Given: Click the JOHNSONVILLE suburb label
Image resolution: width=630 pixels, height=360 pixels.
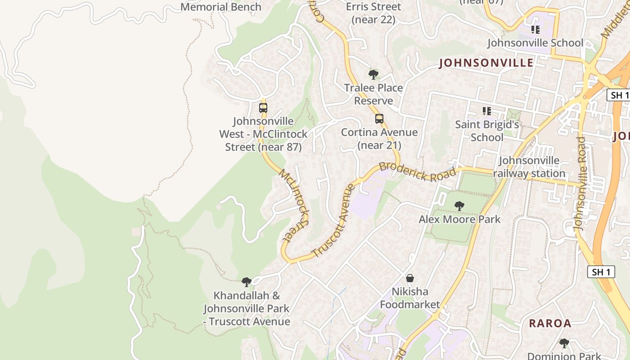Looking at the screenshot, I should tap(486, 63).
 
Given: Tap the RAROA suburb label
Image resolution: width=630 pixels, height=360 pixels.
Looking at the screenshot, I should tap(550, 323).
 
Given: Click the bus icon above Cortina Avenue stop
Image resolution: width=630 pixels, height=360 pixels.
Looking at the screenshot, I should tap(379, 119).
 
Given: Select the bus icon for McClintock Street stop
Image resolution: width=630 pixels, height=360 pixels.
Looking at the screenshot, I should tap(263, 108).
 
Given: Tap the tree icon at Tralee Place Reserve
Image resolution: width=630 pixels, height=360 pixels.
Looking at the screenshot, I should tap(373, 74).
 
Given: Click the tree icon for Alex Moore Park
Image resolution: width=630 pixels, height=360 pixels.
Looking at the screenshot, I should tap(459, 206).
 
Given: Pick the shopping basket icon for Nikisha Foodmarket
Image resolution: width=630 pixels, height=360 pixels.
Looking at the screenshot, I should tap(410, 278).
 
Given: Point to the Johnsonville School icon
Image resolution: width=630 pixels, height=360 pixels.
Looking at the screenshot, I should tap(535, 30).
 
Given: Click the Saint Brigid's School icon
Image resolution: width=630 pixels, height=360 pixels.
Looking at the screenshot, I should tap(486, 111).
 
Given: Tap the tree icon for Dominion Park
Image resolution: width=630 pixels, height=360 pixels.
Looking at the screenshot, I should tap(564, 343).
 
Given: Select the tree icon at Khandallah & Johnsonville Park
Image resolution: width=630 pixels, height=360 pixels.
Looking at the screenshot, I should tap(247, 282).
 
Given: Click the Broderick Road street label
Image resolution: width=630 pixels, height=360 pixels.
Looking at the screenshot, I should tap(418, 171).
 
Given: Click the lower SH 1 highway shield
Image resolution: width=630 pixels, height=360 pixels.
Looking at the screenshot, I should tap(601, 272).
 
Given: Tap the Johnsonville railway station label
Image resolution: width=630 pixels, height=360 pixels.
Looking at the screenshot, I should tap(529, 167).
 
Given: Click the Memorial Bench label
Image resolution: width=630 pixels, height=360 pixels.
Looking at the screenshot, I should tap(220, 7).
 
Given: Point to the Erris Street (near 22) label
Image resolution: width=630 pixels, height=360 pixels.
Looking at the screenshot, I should tap(373, 13).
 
